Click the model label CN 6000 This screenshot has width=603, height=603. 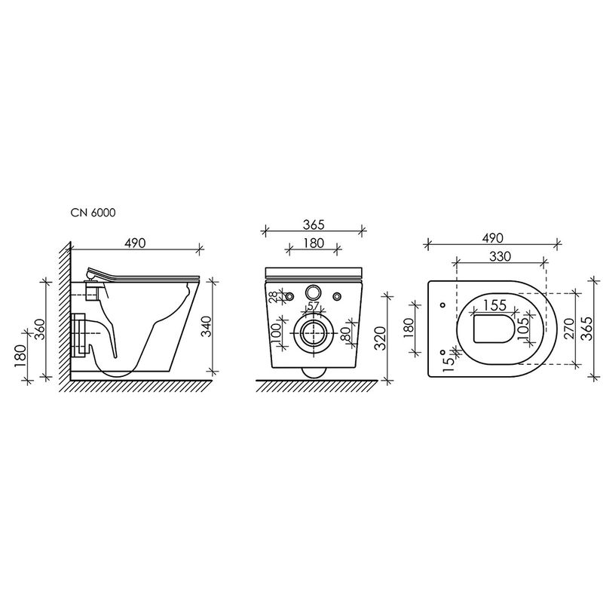click(93, 213)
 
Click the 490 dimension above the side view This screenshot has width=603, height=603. click(136, 243)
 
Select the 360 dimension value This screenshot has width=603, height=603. click(40, 329)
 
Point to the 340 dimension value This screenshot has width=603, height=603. click(207, 326)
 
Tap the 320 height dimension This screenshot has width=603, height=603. click(381, 338)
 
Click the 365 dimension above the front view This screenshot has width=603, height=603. click(314, 225)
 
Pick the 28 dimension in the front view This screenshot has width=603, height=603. click(273, 297)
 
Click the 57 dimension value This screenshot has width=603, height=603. click(314, 306)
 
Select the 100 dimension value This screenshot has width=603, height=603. click(277, 332)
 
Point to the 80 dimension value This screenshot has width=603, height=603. click(345, 333)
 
